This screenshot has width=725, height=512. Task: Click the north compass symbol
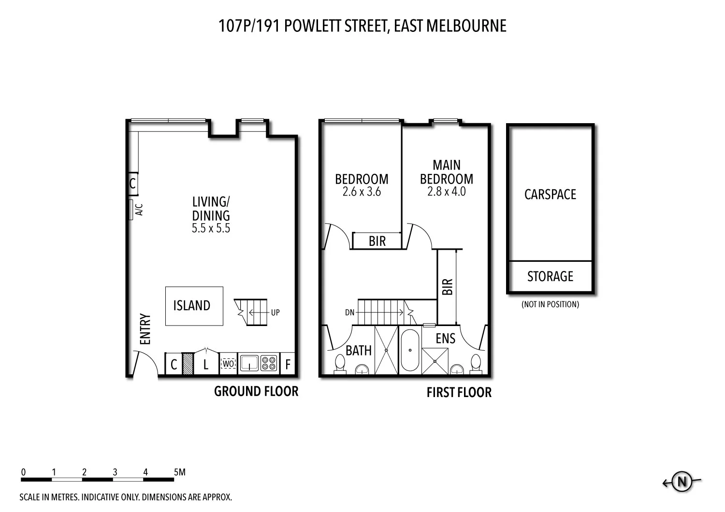(682, 482)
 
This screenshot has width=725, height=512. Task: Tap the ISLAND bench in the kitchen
(194, 306)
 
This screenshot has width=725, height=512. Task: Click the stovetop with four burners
(269, 363)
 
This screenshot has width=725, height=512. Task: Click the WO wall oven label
(228, 363)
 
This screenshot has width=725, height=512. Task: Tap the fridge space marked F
(288, 364)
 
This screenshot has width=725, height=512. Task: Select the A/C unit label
(139, 210)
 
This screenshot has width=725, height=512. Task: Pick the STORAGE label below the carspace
(550, 277)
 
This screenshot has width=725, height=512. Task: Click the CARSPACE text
(550, 195)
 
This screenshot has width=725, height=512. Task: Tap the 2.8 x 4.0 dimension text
(446, 192)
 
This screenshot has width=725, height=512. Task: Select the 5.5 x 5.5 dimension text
(211, 228)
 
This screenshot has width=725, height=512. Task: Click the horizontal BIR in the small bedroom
(377, 241)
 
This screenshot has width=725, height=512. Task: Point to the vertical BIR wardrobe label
(447, 287)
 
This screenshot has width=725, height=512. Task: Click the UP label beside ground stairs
(275, 313)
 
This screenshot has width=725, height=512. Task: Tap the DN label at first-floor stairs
(350, 313)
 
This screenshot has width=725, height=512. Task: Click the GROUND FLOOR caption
(256, 391)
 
